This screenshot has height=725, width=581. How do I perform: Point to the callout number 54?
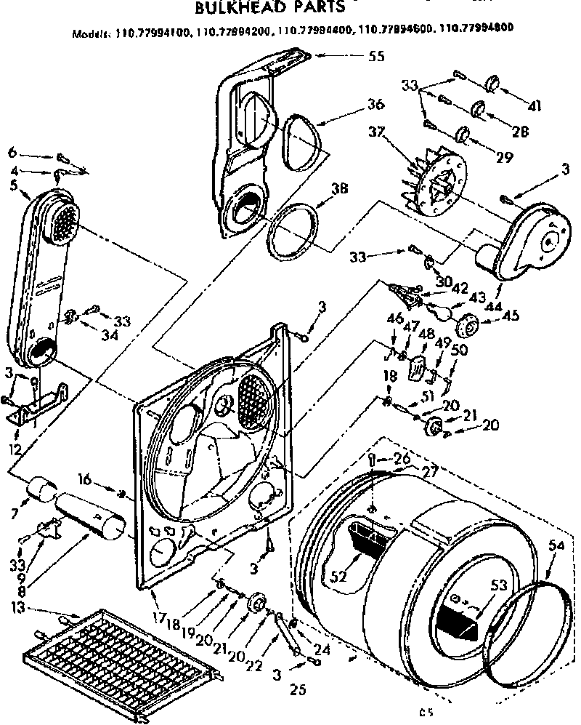pyautogui.click(x=556, y=545)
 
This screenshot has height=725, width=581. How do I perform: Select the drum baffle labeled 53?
pyautogui.click(x=458, y=614)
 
